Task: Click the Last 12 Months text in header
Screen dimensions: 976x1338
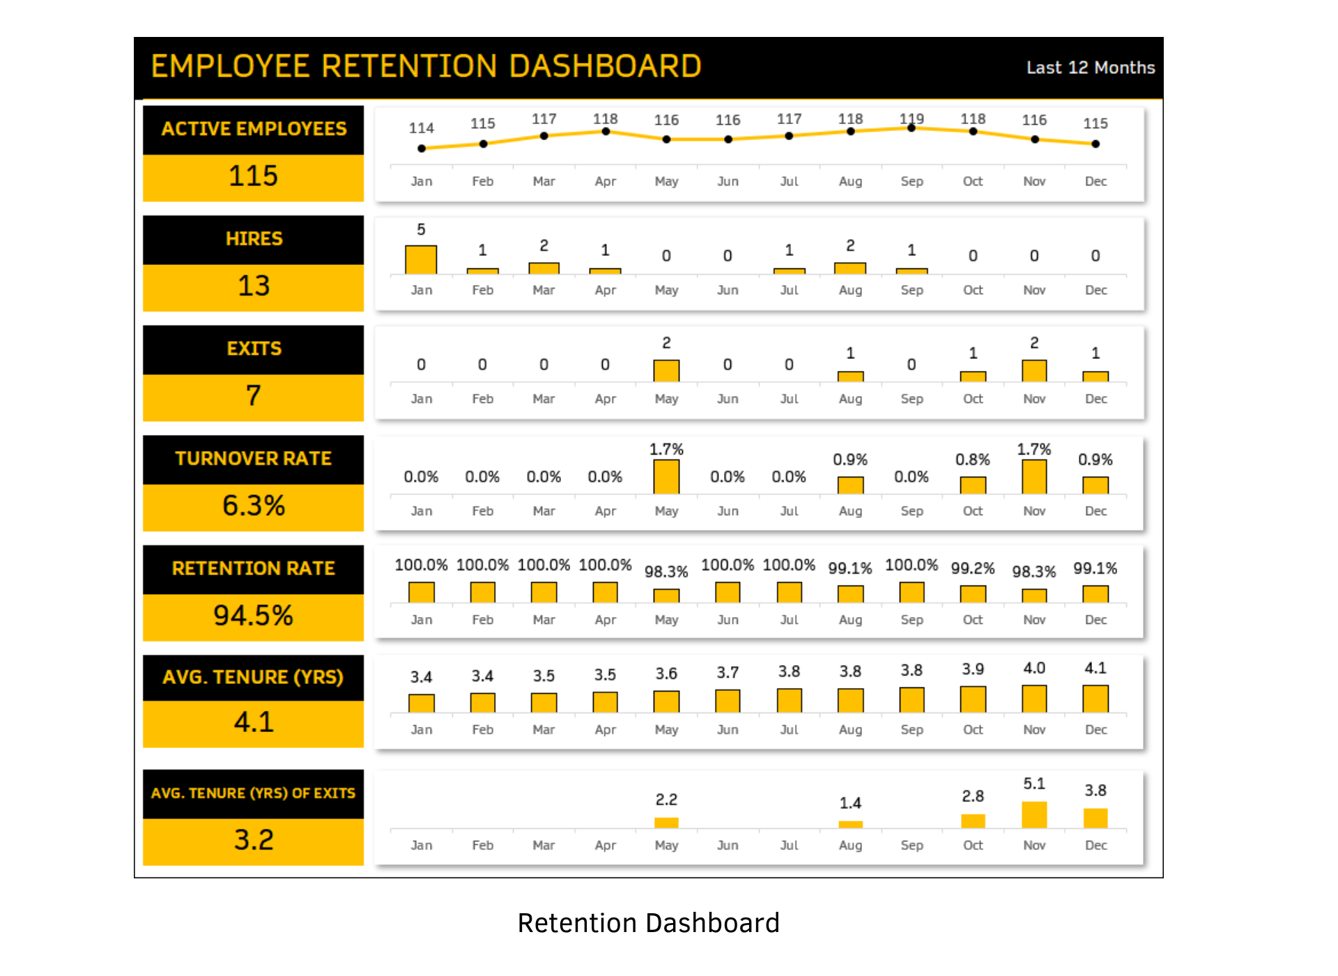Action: tap(1090, 68)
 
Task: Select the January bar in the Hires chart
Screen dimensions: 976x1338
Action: tap(421, 259)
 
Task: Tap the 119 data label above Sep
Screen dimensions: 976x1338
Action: tap(912, 119)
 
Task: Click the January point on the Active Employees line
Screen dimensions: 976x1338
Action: tap(422, 148)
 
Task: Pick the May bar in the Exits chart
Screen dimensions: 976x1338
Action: tap(666, 371)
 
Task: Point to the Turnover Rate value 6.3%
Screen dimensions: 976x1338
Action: tap(253, 505)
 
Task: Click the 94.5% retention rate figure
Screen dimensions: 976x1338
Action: tap(253, 616)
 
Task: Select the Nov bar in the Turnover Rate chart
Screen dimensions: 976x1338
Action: tap(1034, 477)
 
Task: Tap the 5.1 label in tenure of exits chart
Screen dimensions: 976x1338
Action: tap(1034, 784)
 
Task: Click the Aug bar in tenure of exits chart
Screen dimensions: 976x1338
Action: tap(850, 825)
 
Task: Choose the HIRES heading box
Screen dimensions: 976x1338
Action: tap(253, 239)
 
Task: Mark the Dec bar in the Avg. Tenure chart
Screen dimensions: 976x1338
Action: tap(1095, 699)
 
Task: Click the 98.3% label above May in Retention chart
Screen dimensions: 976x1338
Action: tap(666, 572)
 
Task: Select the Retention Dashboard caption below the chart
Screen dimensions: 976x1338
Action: tap(648, 923)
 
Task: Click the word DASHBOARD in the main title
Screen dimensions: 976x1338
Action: tap(605, 67)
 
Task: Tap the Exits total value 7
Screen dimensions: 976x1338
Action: tap(253, 396)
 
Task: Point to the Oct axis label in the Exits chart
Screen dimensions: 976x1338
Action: tap(973, 399)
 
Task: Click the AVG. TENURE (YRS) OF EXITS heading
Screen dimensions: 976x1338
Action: tap(253, 793)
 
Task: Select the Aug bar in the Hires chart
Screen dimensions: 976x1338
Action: tap(850, 268)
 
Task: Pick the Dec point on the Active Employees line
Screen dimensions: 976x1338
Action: tap(1095, 144)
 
